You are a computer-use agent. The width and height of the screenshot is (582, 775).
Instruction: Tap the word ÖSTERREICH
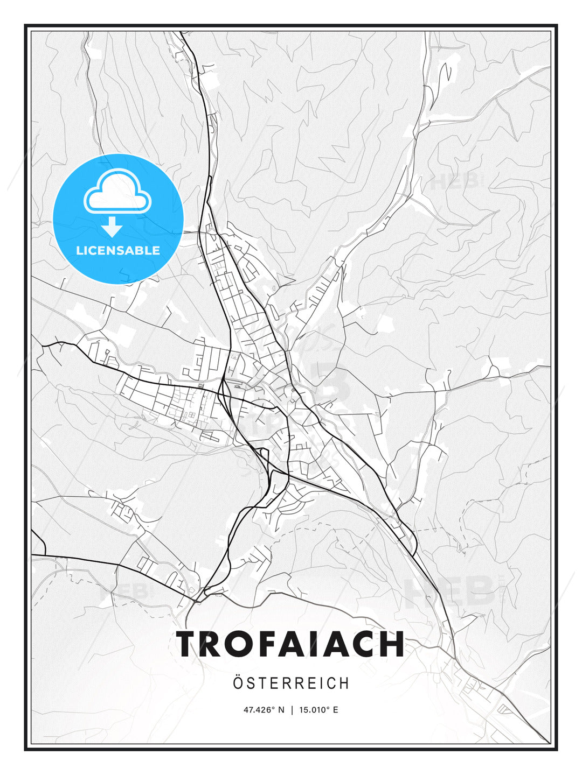tap(291, 683)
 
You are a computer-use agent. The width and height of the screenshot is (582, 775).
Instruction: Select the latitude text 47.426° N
tap(264, 710)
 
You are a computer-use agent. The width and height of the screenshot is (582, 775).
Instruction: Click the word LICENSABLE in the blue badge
tap(118, 250)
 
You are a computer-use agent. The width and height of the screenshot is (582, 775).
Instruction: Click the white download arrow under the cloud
tap(112, 227)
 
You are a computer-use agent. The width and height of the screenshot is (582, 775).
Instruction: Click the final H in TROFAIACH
tap(391, 644)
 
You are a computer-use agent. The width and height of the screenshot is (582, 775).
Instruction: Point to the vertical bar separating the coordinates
tap(292, 710)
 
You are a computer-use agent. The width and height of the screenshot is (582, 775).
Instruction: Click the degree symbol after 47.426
tap(273, 708)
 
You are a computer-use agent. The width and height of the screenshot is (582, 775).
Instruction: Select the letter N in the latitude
tap(281, 710)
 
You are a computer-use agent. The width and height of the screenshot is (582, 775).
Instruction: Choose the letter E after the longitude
tap(335, 710)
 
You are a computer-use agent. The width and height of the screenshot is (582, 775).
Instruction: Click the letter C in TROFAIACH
tap(362, 644)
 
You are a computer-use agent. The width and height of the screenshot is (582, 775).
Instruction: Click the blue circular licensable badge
tap(118, 219)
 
